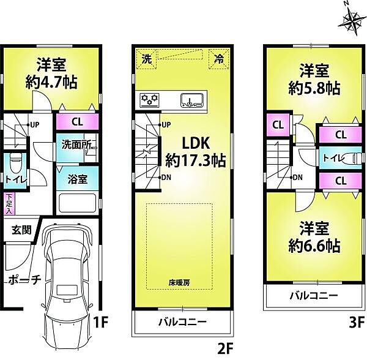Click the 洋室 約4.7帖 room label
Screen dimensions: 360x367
click(51, 74)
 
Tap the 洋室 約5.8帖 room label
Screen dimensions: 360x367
click(314, 78)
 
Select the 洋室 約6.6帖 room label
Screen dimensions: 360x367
click(314, 239)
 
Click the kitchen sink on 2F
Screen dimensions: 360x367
click(194, 99)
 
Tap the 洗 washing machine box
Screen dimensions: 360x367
click(146, 59)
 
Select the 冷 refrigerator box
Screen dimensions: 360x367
click(218, 59)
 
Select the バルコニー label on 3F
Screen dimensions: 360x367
click(313, 296)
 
